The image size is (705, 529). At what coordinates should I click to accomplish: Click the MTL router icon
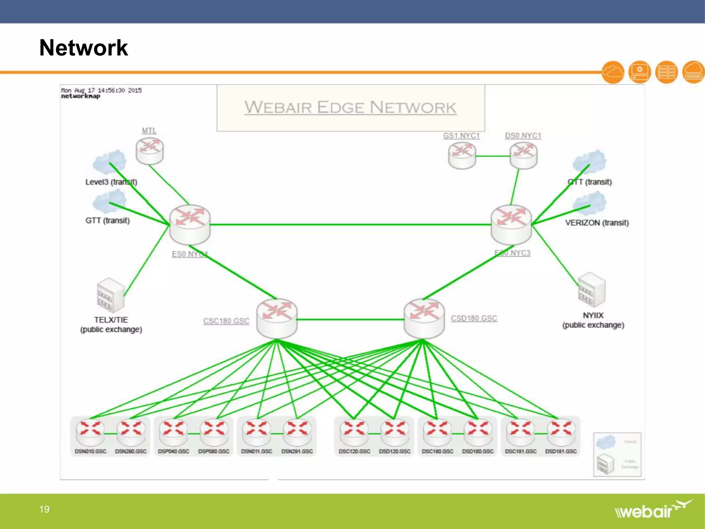coord(149,151)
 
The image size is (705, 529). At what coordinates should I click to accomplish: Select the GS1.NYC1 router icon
coord(462,156)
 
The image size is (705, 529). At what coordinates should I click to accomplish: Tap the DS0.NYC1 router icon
coord(523,156)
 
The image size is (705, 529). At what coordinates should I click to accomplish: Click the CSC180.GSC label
coord(226,321)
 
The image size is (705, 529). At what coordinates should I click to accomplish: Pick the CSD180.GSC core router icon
coord(424,318)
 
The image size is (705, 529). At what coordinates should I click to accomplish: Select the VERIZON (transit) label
coord(597,223)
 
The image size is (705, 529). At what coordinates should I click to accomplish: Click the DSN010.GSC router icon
coord(90,433)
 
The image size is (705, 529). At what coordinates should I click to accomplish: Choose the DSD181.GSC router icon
coord(561,433)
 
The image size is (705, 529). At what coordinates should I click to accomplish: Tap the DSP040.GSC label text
coord(173,451)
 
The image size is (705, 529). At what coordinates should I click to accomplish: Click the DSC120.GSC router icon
coord(354,433)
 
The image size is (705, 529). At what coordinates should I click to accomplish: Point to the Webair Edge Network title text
coord(350,107)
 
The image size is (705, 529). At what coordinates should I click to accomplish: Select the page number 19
coord(44,509)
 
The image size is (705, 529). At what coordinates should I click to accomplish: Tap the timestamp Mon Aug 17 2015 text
coord(101,90)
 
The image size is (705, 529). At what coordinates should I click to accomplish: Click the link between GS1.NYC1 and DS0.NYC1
coord(493,156)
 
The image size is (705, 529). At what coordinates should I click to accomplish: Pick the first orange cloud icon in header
coord(613,72)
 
